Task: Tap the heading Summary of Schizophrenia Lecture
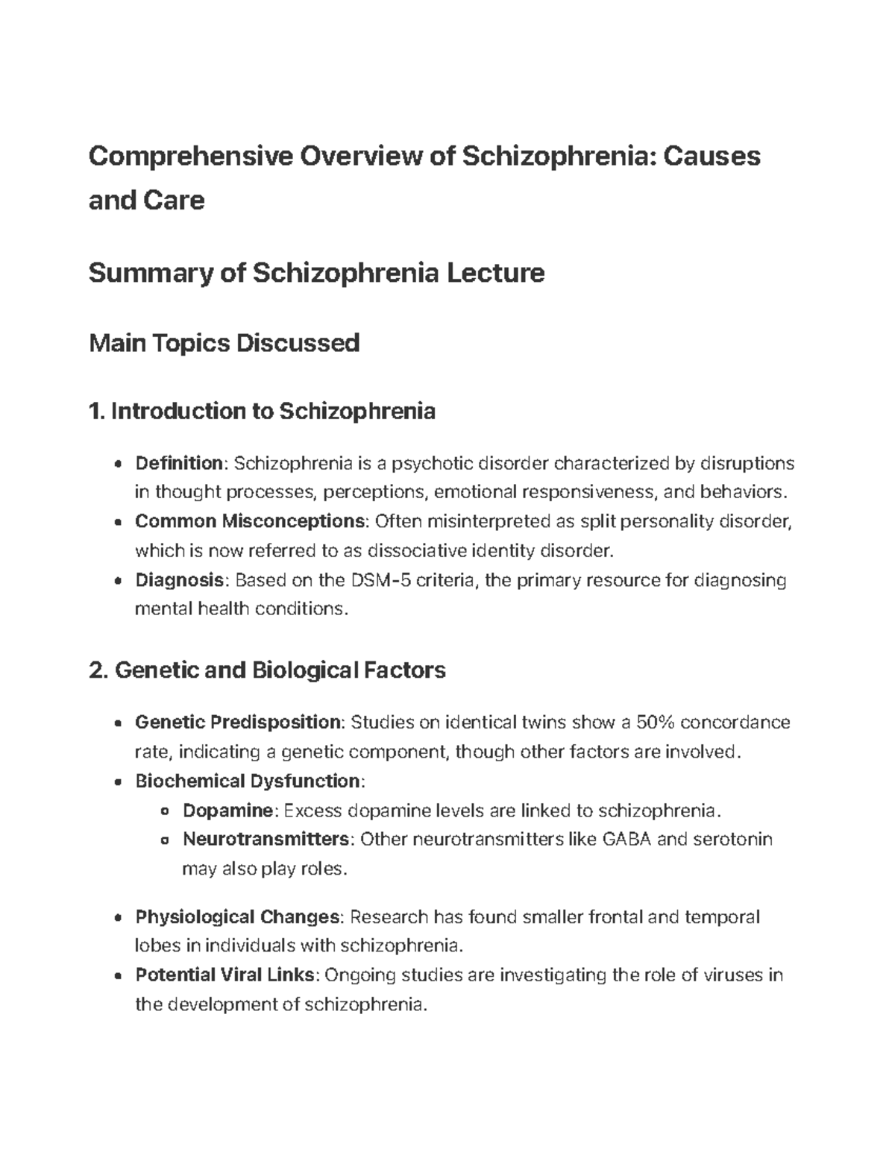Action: pos(316,273)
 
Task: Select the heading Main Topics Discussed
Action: pos(224,343)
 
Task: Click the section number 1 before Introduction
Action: pos(93,411)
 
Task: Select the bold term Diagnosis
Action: pos(178,579)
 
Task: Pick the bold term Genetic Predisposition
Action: pos(237,722)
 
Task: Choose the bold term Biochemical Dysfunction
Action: pos(247,781)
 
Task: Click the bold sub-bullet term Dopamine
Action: pos(228,810)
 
